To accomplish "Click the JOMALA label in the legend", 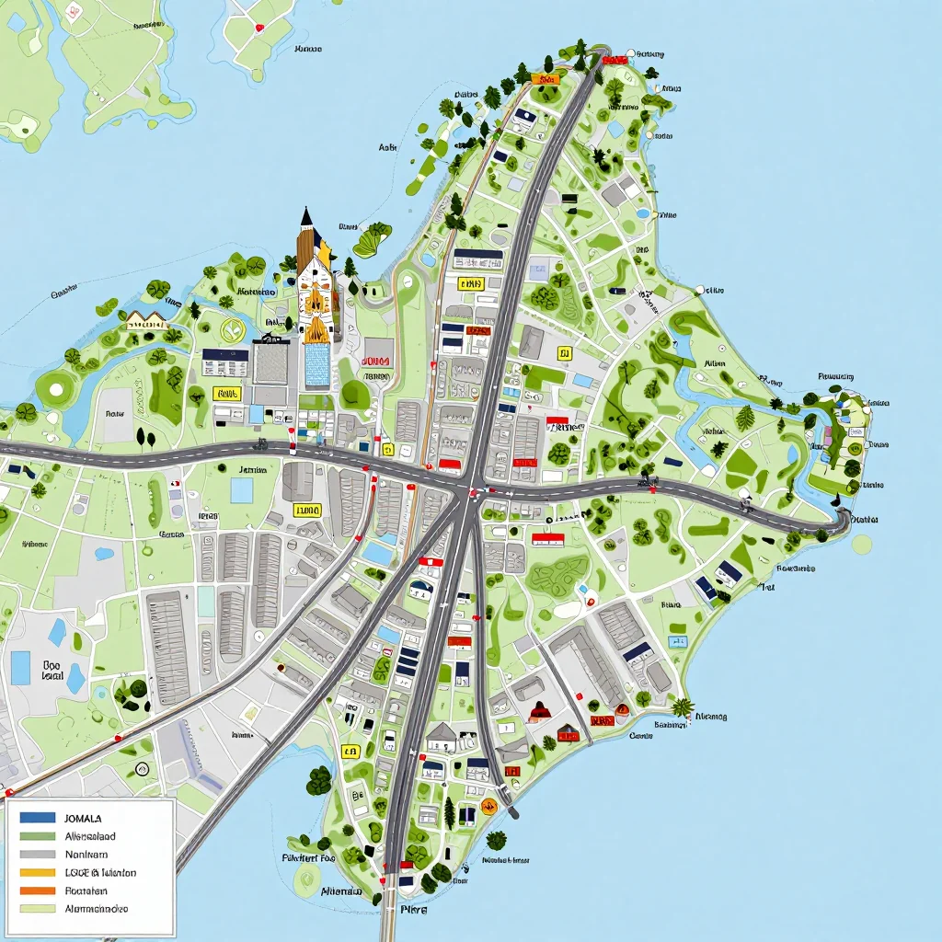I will coord(84,818).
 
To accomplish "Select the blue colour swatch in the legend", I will coord(38,817).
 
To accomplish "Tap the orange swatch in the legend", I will coord(38,890).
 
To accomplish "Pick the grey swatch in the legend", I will coord(38,854).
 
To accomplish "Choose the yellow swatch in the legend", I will coord(38,872).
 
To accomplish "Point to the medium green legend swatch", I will coord(38,836).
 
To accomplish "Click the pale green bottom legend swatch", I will coord(38,908).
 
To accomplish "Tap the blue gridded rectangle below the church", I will coord(316,364).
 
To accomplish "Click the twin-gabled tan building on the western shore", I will coord(146,319).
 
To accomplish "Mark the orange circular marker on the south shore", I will coord(488,807).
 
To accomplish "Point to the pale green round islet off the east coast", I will coord(861,544).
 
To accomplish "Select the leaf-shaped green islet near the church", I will coord(372,240).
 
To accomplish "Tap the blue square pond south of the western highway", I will coord(241,490).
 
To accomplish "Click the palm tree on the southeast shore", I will coord(682,707).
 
